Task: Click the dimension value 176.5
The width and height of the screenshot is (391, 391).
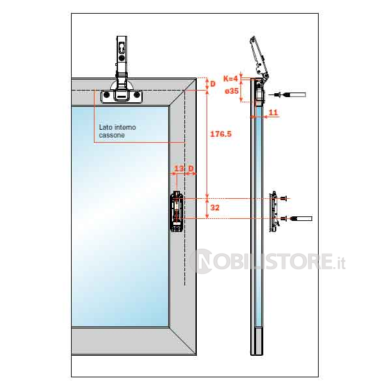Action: point(221,134)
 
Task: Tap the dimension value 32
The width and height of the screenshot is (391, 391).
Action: point(214,207)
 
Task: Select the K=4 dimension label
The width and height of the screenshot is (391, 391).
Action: point(231,79)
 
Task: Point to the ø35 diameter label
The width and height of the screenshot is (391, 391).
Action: point(231,91)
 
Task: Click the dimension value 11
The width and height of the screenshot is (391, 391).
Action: point(273,112)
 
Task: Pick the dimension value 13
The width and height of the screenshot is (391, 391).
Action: point(179,169)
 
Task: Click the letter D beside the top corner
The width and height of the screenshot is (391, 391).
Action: point(212,84)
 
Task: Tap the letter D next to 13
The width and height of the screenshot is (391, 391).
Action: point(191,169)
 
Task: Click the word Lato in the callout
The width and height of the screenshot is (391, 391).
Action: point(105,127)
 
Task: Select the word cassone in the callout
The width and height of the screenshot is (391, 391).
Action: point(111,135)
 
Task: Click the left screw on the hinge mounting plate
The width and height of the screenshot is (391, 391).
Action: point(107,94)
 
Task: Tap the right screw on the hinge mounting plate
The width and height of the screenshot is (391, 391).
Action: point(136,94)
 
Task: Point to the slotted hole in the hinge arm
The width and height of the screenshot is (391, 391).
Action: point(121,48)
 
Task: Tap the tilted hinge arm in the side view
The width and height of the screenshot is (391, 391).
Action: point(259,58)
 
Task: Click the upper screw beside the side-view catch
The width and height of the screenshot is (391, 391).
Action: point(283,199)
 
